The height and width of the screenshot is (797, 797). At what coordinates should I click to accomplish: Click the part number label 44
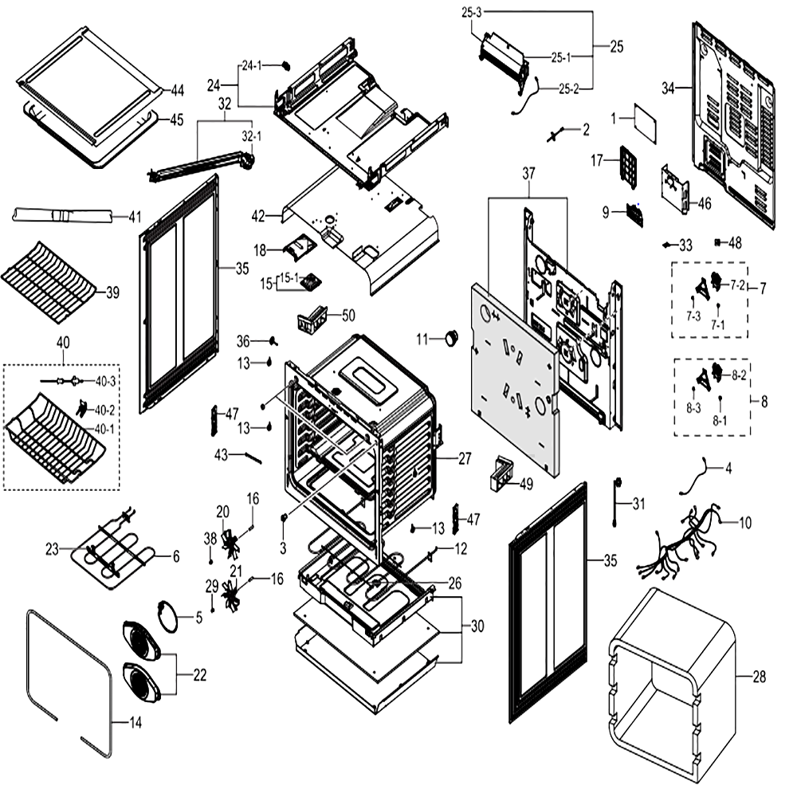177,91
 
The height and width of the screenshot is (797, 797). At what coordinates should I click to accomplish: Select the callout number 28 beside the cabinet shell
759,677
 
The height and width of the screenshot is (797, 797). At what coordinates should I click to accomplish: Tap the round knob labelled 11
451,338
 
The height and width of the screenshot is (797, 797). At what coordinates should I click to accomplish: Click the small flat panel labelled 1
645,123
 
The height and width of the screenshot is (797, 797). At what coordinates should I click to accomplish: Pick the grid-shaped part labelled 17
629,167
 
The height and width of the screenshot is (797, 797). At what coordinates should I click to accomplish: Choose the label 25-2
569,89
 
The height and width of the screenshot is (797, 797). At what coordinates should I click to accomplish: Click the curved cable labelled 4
695,476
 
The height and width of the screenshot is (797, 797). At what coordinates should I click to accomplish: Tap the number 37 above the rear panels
528,173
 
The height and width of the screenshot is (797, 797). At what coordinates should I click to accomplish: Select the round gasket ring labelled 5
167,616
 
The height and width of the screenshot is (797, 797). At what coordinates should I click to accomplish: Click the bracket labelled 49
501,473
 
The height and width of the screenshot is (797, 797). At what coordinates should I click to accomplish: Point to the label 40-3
105,381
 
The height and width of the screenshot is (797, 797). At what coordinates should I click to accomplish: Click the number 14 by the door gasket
135,722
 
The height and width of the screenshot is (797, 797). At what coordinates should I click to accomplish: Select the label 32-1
252,136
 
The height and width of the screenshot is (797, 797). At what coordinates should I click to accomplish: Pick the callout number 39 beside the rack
112,292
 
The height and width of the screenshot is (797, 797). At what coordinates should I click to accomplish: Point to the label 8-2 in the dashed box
739,375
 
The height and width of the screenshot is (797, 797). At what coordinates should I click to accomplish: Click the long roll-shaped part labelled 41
62,215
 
